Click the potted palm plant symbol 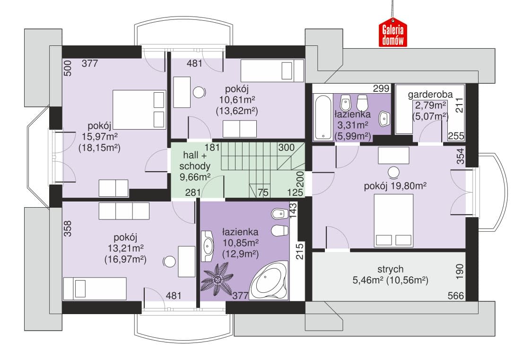[x=217, y=279]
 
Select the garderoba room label [x=430, y=94]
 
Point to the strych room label [x=391, y=269]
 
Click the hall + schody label [x=195, y=160]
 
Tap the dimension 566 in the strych [x=456, y=296]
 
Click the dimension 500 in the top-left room [x=68, y=68]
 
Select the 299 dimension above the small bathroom [x=381, y=88]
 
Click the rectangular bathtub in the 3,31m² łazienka [x=323, y=117]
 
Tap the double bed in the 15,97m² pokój [x=139, y=109]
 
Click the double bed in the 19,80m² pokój [x=393, y=220]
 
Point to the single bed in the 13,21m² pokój [x=95, y=289]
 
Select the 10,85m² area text [x=241, y=243]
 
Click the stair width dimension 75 [x=263, y=193]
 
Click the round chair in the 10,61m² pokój [x=199, y=92]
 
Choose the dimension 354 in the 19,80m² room [x=460, y=156]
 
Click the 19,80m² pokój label [x=395, y=186]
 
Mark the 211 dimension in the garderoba [x=459, y=105]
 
